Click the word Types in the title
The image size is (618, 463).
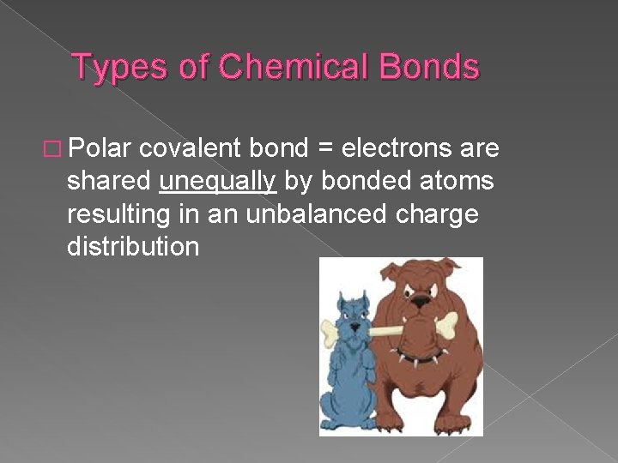pos(112,67)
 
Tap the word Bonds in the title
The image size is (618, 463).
pos(427,67)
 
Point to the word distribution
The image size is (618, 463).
pos(133,247)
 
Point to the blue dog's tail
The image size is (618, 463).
pos(324,403)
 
